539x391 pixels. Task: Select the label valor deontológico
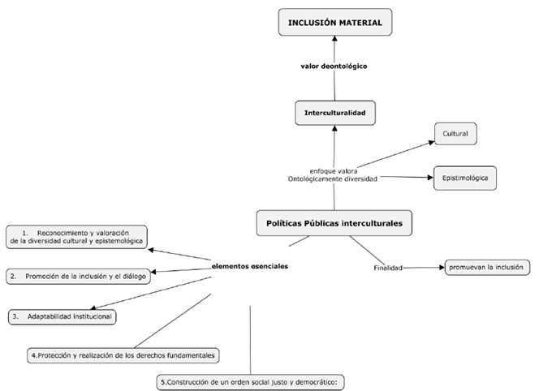334,66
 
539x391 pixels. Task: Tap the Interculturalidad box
335,113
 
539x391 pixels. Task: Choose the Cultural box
455,132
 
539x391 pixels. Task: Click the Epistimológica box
464,176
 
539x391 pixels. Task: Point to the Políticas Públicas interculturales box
334,221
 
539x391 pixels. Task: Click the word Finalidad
388,268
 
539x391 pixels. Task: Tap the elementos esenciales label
249,266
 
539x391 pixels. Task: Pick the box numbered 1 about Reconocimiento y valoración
76,237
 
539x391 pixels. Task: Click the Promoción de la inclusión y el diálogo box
76,276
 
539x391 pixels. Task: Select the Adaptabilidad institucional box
63,316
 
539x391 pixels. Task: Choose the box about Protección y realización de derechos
124,355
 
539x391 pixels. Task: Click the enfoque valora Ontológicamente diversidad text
333,174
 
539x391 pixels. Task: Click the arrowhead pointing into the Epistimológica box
428,176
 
